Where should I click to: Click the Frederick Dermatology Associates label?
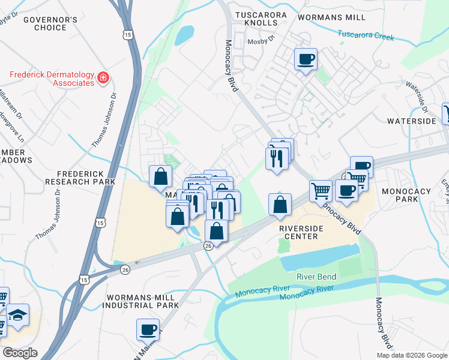point(52,79)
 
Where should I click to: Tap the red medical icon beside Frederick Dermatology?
point(103,77)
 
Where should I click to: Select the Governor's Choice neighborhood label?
point(50,23)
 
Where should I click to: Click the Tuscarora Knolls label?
point(258,19)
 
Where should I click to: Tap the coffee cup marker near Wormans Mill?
point(306,59)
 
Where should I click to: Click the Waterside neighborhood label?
point(411,121)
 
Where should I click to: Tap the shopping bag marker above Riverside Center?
point(280,204)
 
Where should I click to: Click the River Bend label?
point(316,277)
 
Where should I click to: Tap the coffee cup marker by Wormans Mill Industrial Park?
point(148,329)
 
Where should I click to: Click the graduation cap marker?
point(19,316)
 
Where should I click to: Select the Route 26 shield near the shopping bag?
point(208,246)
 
